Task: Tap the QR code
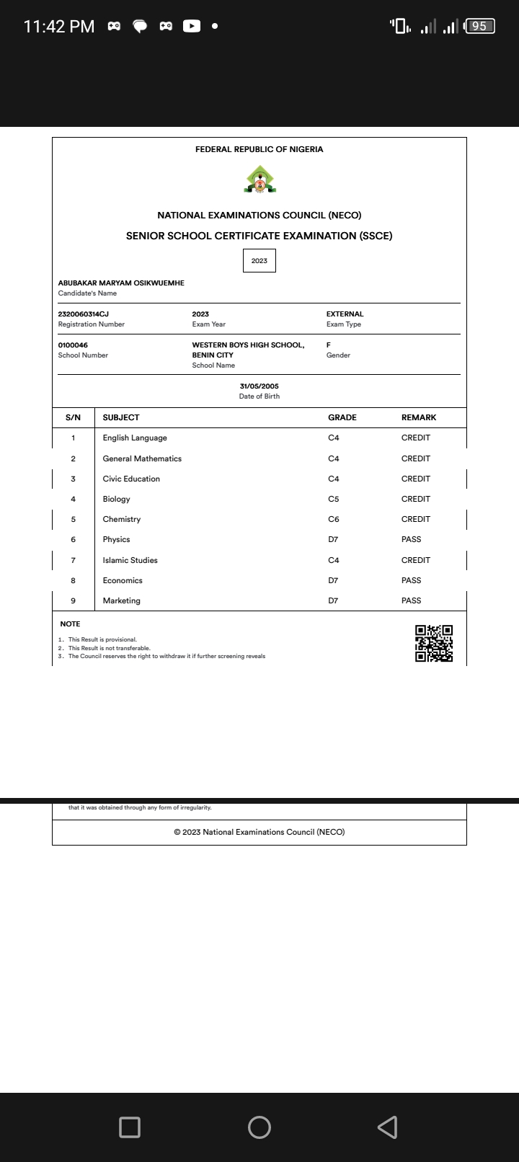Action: (x=434, y=643)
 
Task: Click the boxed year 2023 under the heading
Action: (x=259, y=261)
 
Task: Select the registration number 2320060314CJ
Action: (x=84, y=314)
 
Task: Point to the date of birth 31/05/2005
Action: (x=259, y=386)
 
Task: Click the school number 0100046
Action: (x=73, y=345)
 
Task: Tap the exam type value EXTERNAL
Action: (x=345, y=314)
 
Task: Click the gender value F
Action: (x=329, y=345)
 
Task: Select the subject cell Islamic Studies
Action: (x=130, y=560)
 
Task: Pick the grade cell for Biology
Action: (x=333, y=499)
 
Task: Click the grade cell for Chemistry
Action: (x=333, y=519)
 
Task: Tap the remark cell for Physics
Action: (x=411, y=539)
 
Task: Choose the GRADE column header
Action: (x=342, y=417)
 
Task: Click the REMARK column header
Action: (x=419, y=417)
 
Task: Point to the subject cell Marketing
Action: (x=121, y=600)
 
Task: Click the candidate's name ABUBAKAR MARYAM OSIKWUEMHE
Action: (x=121, y=283)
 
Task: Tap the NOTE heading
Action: (x=70, y=624)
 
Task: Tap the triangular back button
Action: (x=388, y=1127)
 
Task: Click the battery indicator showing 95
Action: (x=480, y=27)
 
